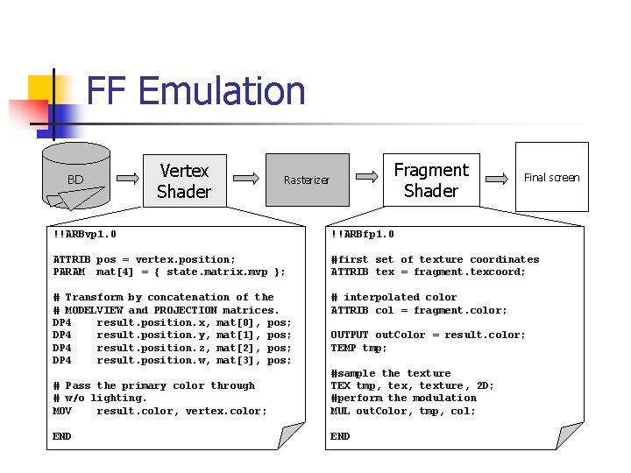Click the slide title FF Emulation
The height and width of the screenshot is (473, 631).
(x=196, y=92)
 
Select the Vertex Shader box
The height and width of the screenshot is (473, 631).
(x=184, y=181)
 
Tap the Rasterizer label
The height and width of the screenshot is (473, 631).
(x=307, y=180)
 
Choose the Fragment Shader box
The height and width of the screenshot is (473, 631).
(x=431, y=180)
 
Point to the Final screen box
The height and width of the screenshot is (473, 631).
(x=551, y=178)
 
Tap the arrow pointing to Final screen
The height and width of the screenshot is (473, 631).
(x=499, y=178)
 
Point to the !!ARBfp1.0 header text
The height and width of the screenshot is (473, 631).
(x=362, y=235)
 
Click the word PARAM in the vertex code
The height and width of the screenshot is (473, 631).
(x=68, y=272)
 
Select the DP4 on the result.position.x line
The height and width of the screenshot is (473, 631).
(x=61, y=322)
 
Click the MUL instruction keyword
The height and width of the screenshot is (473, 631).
(x=340, y=411)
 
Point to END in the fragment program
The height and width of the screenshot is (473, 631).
(x=340, y=436)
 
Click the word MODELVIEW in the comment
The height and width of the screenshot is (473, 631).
(x=94, y=310)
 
